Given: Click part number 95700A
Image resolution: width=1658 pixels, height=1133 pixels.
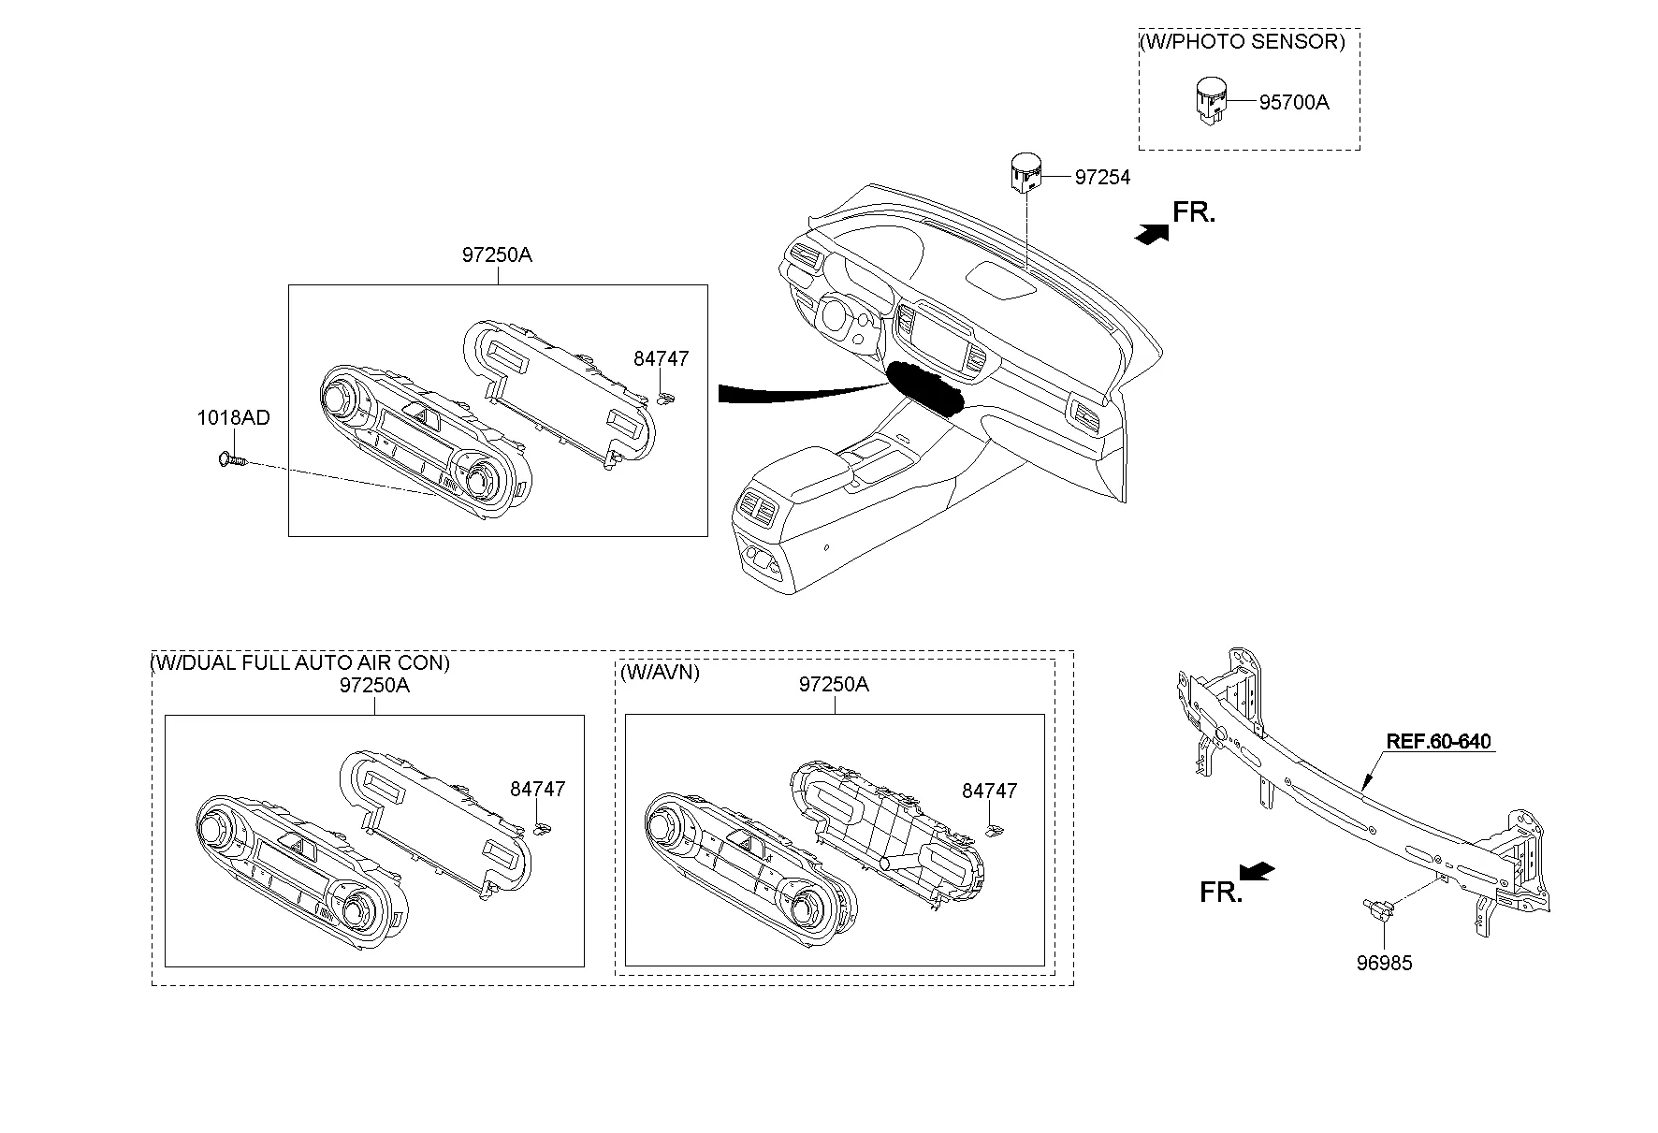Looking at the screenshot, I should click(x=1293, y=103).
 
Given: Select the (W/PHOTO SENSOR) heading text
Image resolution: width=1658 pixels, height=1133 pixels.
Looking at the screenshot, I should click(x=1242, y=42).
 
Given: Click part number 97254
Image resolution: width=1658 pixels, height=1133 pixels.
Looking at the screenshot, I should click(x=1101, y=178).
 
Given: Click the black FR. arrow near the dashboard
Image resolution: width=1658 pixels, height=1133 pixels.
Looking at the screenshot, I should click(x=1151, y=235).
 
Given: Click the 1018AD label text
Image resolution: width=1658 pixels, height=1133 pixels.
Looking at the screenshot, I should click(x=233, y=418).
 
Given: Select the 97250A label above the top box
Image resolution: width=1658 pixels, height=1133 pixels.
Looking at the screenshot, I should click(x=496, y=254).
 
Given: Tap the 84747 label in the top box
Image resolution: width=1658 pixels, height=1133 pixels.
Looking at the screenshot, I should click(x=661, y=359).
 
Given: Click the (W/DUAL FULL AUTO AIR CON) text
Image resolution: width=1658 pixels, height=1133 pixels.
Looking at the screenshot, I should click(x=300, y=663).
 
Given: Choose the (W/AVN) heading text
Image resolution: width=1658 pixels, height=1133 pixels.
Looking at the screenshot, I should click(x=660, y=672).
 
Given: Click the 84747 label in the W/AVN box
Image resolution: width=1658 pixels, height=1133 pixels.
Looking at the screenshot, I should click(x=989, y=792).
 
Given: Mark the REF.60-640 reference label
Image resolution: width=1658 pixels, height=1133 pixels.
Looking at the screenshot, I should click(x=1438, y=742).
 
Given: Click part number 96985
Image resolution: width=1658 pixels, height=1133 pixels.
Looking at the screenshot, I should click(x=1384, y=963).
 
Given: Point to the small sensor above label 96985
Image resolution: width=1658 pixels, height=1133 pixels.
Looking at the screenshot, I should click(x=1377, y=908).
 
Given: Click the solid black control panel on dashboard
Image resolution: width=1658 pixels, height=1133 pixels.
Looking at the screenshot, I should click(x=924, y=387).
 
